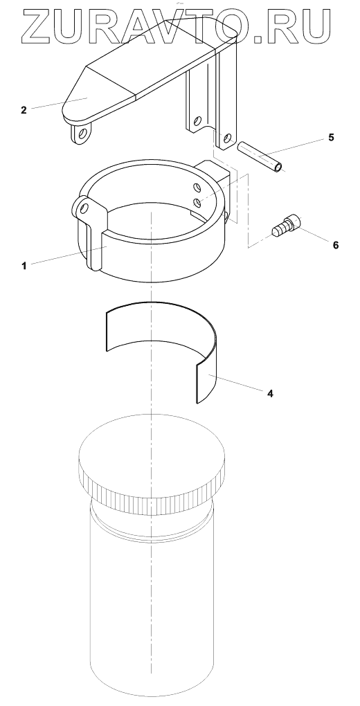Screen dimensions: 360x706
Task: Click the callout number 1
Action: click(x=24, y=266)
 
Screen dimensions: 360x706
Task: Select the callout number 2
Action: click(x=24, y=109)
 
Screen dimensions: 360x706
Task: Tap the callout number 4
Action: click(x=270, y=393)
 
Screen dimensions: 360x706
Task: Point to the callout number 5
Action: click(x=331, y=137)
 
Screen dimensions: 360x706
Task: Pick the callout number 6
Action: click(x=335, y=245)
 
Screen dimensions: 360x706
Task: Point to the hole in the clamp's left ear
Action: click(x=83, y=207)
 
